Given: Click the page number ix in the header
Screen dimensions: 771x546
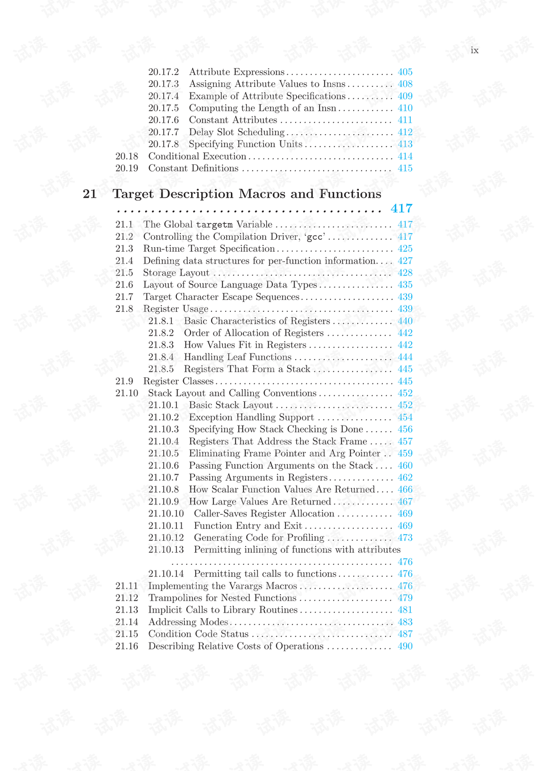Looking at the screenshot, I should (474, 51).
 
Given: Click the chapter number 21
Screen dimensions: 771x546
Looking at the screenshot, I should (90, 194).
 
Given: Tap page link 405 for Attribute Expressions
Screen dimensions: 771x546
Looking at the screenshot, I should (405, 72).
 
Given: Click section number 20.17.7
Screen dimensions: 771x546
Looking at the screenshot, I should (163, 132).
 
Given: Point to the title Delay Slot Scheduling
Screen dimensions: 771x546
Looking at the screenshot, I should (237, 132).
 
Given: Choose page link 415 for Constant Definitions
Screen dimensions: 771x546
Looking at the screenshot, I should (405, 168).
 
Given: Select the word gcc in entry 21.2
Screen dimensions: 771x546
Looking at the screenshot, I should (316, 237).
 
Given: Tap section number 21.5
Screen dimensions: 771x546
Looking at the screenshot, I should (124, 273).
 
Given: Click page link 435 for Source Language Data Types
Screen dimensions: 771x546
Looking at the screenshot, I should (405, 285).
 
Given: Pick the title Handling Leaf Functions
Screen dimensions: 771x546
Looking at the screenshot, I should (238, 357).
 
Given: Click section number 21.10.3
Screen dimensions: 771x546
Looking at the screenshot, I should (163, 429).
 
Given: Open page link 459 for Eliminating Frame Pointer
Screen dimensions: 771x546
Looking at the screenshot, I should (405, 453).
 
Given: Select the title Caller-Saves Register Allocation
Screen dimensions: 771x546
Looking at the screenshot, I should (264, 514).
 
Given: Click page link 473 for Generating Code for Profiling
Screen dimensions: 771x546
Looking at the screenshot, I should (405, 537).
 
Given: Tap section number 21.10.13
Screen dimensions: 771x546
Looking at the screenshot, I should (166, 549).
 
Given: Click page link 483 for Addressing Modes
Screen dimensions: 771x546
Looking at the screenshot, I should (405, 622).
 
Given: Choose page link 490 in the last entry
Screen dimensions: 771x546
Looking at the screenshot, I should (405, 646).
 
